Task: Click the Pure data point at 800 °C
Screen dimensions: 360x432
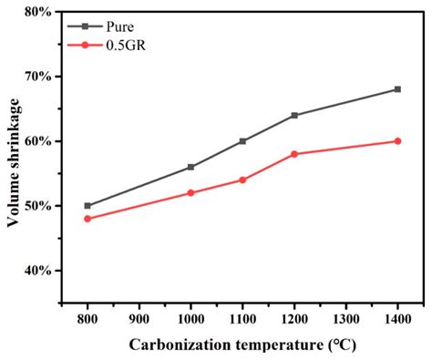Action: [87, 206]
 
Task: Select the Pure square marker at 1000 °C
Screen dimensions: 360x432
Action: [190, 167]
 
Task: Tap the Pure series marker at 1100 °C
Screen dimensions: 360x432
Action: [242, 141]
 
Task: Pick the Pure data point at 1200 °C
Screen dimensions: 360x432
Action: [294, 115]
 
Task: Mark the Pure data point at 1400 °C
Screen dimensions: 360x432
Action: [397, 89]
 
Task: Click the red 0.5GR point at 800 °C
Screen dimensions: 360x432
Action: [87, 219]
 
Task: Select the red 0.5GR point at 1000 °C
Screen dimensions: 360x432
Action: [190, 193]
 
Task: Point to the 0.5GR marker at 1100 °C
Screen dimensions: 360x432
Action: [242, 180]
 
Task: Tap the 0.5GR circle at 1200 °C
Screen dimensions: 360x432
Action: [294, 154]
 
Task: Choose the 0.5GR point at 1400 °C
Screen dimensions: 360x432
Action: [397, 141]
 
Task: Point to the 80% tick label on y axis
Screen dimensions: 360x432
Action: [38, 12]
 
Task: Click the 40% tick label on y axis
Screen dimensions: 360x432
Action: [38, 271]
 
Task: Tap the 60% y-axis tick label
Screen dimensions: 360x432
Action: [38, 141]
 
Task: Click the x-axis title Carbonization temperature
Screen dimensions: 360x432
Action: [242, 345]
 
